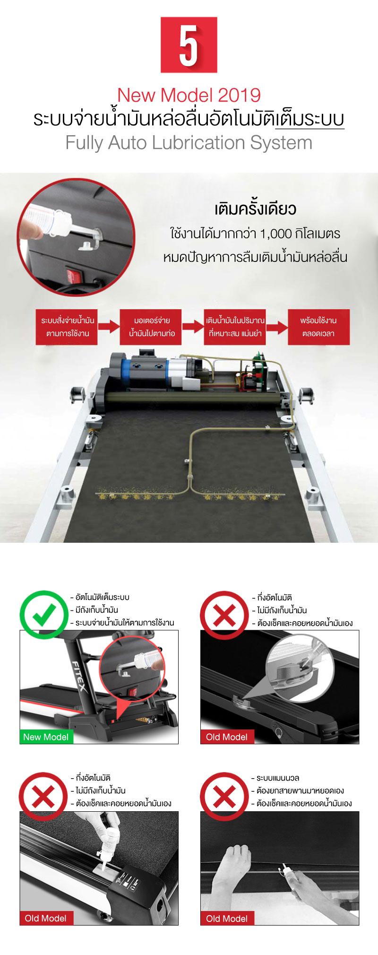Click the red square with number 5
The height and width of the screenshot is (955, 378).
[189, 45]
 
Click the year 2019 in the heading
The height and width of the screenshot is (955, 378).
[240, 95]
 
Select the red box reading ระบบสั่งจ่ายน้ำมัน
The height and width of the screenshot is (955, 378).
[68, 327]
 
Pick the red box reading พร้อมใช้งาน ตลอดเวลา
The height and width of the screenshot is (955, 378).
[318, 327]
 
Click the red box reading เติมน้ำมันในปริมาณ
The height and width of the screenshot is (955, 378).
[235, 327]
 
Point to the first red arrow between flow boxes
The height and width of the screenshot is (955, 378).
[109, 327]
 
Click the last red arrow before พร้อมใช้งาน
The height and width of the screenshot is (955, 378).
[277, 327]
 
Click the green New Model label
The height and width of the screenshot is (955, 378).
[46, 737]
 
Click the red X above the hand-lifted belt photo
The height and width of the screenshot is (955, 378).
[224, 796]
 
